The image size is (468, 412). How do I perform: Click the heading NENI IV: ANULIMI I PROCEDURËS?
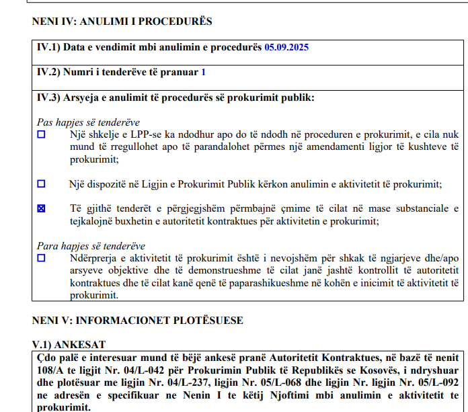pos(122,22)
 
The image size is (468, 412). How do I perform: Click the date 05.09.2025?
pos(287,48)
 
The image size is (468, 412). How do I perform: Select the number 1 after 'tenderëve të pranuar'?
pos(203,72)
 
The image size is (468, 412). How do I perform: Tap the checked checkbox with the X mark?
pos(42,209)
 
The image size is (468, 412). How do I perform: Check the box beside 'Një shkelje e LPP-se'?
pos(42,134)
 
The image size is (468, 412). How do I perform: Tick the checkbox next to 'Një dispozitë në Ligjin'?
pos(42,183)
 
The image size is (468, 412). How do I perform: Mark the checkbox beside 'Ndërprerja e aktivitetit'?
pos(42,258)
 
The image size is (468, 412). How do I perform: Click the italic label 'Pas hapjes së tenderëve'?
pos(87,122)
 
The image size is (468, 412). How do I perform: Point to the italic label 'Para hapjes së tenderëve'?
pos(90,246)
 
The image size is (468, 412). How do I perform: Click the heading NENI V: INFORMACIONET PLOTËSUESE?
pos(137,320)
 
